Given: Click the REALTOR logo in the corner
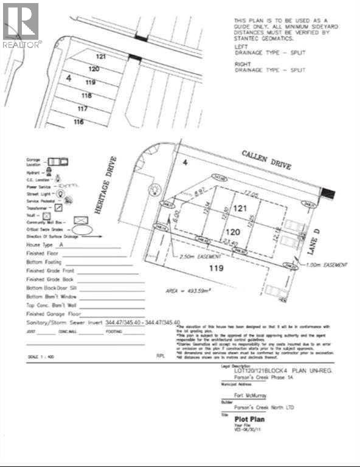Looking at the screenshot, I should click(x=21, y=25).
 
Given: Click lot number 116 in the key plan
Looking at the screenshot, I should click(x=78, y=122).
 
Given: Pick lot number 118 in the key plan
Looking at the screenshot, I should click(x=86, y=95).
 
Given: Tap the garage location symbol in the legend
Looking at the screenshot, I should click(x=58, y=161).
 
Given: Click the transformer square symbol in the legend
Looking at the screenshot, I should click(x=58, y=207).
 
